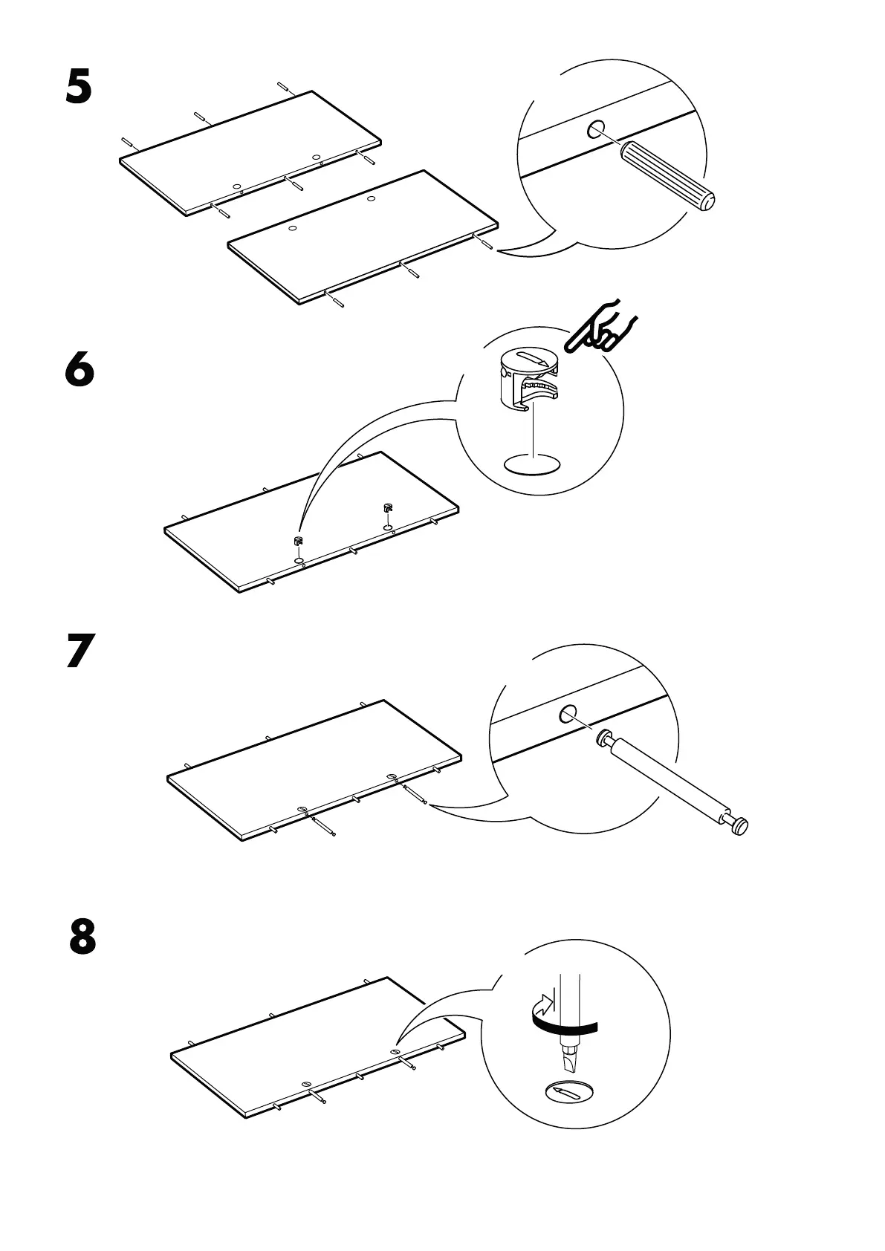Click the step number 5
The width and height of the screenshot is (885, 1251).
pos(79,88)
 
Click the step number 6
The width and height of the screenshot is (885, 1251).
pos(80,369)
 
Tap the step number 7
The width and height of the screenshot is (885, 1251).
pos(80,652)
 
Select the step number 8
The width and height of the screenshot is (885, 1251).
pos(82,938)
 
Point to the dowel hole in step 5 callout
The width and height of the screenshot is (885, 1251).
pos(596,131)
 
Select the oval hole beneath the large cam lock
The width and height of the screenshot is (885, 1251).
pos(531,466)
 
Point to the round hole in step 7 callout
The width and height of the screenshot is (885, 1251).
pos(569,715)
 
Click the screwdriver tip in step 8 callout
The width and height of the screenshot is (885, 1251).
pos(571,1058)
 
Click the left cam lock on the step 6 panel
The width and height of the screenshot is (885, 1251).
pos(298,542)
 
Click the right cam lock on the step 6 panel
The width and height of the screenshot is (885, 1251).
pos(386,509)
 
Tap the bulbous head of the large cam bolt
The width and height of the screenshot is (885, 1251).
pos(739,825)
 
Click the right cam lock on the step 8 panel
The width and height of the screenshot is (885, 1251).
pos(395,1052)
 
